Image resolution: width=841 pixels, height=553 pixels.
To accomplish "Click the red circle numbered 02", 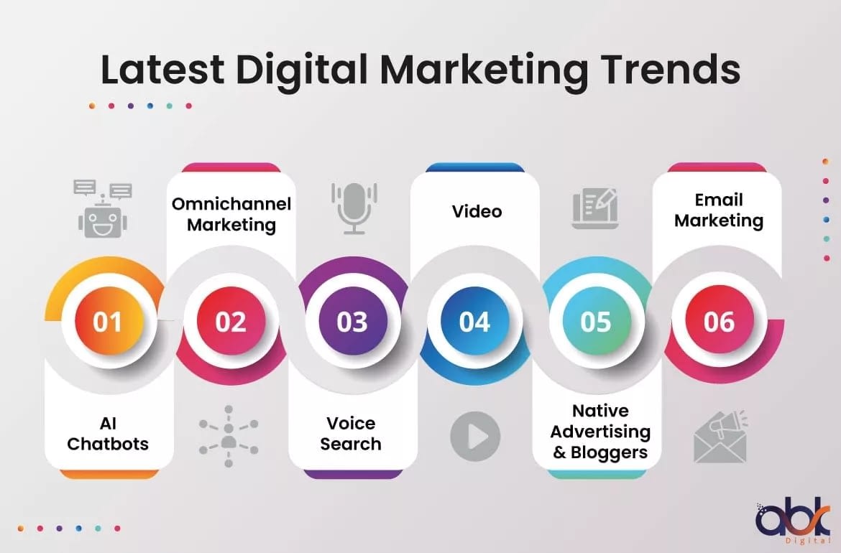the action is (x=231, y=321).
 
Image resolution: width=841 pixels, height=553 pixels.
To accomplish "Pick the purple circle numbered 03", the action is (x=352, y=321).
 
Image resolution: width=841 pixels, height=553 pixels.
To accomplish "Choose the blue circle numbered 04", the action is (x=474, y=321).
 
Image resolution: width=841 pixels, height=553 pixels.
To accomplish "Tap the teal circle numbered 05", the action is (x=597, y=321).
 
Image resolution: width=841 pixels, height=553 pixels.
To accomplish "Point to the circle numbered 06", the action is (x=720, y=321).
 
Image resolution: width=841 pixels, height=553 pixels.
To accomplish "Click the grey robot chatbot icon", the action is (x=103, y=209).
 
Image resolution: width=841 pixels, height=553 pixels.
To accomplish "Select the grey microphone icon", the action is (x=354, y=208).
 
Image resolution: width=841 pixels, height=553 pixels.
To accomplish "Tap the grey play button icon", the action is (x=475, y=436).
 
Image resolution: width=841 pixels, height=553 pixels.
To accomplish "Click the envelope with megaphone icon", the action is (x=720, y=436).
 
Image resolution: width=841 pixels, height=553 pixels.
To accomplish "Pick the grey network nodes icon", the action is (x=229, y=436).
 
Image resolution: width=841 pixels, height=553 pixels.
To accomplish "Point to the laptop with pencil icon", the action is (x=595, y=208).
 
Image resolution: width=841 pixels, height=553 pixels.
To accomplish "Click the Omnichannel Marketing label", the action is (x=231, y=214).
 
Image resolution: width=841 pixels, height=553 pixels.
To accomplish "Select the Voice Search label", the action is (x=351, y=434).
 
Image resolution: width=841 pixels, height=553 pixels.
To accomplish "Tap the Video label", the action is (x=477, y=211).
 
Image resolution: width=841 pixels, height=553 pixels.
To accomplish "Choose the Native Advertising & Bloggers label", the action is (x=600, y=432).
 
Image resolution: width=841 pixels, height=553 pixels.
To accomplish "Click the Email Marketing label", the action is (x=719, y=210).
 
